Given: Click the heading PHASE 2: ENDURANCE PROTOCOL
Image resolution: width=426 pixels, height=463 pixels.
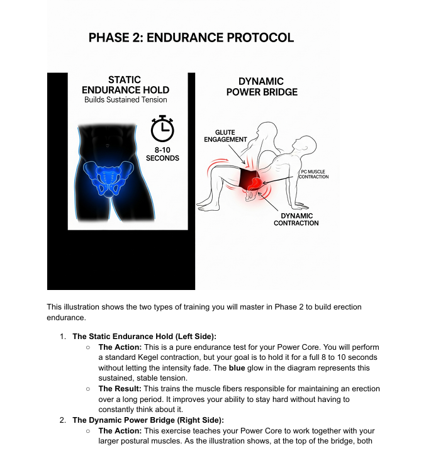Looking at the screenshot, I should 191,37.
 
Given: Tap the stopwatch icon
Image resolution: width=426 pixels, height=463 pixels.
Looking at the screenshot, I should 162,129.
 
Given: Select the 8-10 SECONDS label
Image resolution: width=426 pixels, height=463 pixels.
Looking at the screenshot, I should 162,154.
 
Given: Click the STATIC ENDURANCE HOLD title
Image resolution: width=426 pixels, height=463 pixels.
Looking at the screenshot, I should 125,85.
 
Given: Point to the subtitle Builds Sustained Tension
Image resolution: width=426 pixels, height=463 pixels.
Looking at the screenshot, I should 125,100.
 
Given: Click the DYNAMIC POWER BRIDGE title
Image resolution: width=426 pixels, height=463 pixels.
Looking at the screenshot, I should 261,87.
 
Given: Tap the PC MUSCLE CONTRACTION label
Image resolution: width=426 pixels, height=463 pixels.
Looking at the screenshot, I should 313,174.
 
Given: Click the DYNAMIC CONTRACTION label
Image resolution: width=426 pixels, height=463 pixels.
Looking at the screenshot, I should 296,220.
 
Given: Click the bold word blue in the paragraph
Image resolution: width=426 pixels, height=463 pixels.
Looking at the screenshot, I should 232,368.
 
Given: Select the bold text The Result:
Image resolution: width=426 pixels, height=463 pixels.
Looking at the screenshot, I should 120,389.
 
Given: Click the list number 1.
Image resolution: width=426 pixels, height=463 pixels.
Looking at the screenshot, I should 63,337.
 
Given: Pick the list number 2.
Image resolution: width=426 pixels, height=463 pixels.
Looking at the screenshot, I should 63,420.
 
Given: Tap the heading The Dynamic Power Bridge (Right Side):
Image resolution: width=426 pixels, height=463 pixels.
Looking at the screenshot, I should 148,420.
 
